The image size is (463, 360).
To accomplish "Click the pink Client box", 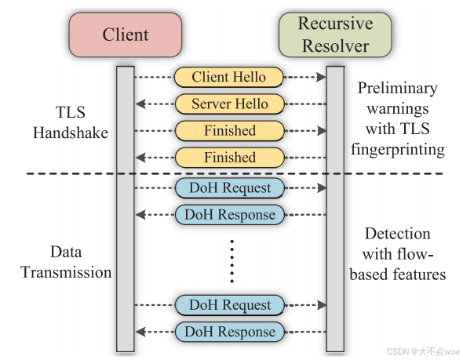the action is [126, 35].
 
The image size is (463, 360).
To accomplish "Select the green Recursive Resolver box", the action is [335, 35].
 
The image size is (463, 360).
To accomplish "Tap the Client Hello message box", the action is [229, 77].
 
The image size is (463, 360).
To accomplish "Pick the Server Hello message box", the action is [229, 104].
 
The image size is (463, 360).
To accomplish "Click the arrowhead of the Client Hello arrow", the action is [321, 77].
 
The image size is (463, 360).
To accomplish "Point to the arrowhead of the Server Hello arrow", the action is [140, 104].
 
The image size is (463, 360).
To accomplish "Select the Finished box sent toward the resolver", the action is [229, 131].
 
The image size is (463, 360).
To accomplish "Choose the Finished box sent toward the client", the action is [229, 158].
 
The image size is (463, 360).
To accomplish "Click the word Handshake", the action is [71, 133].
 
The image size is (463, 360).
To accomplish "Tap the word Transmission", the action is [66, 272].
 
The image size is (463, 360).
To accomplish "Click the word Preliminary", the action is [397, 89].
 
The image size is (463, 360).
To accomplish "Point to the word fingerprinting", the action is [398, 150].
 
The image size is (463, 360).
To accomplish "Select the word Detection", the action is [397, 234].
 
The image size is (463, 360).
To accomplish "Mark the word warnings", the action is [397, 109].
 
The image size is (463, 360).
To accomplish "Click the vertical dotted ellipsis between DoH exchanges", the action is [232, 261].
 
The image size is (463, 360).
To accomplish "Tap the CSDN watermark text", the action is [423, 351].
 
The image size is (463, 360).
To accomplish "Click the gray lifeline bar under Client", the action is [126, 209].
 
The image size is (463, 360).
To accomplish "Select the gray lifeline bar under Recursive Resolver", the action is [335, 209].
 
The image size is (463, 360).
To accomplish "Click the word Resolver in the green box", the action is [335, 46].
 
